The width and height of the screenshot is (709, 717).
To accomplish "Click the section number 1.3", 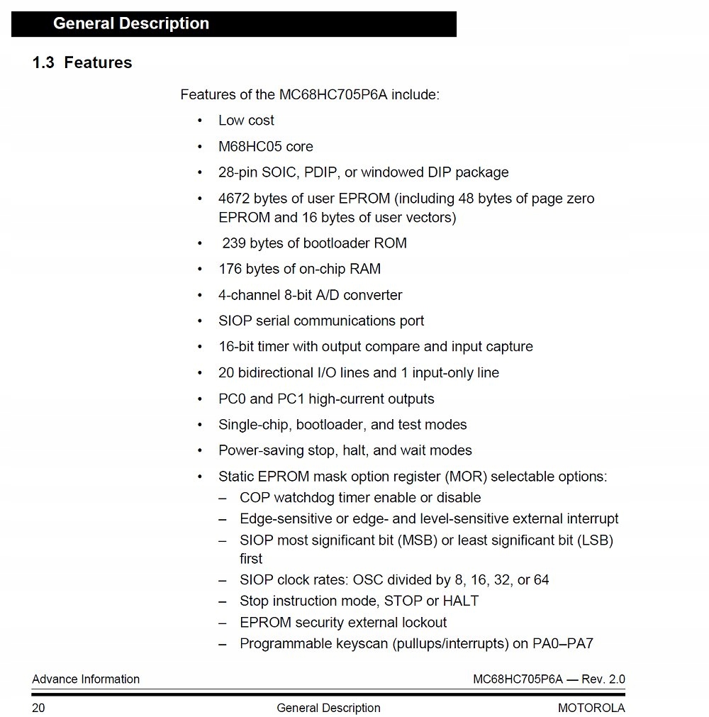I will tap(43, 62).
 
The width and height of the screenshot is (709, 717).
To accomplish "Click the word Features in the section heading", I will tap(98, 62).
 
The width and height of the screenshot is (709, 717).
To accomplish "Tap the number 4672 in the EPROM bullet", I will tap(233, 199).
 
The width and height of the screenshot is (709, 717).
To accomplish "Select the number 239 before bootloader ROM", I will tap(234, 243).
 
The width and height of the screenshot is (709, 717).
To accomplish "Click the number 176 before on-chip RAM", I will tap(230, 269).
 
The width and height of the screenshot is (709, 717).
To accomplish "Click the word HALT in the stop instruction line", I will tap(461, 601).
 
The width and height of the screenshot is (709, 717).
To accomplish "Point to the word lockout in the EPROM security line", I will tap(423, 623).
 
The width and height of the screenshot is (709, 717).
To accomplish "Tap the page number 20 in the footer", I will tap(38, 708).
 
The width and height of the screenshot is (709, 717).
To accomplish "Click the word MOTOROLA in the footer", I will tap(591, 708).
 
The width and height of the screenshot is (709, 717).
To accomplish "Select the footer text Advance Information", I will tap(86, 679).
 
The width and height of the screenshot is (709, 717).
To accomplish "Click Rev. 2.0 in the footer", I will tap(603, 679).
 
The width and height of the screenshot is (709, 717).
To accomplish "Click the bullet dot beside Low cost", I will tap(201, 121).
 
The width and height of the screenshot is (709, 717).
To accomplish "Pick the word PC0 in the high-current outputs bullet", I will tap(231, 399).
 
